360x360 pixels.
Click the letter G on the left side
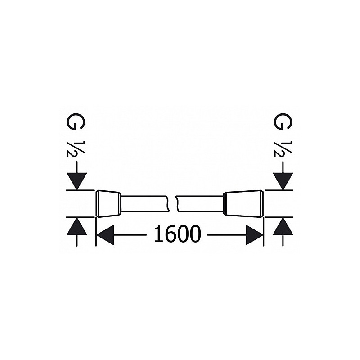click(76, 122)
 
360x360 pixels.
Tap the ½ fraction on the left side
click(76, 148)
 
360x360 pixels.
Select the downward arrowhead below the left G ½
click(76, 181)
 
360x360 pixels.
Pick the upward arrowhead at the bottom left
click(76, 226)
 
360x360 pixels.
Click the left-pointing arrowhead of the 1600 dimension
click(106, 235)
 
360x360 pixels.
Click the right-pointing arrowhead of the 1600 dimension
click(254, 235)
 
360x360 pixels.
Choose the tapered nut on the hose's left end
click(109, 204)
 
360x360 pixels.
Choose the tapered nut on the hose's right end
click(243, 204)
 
